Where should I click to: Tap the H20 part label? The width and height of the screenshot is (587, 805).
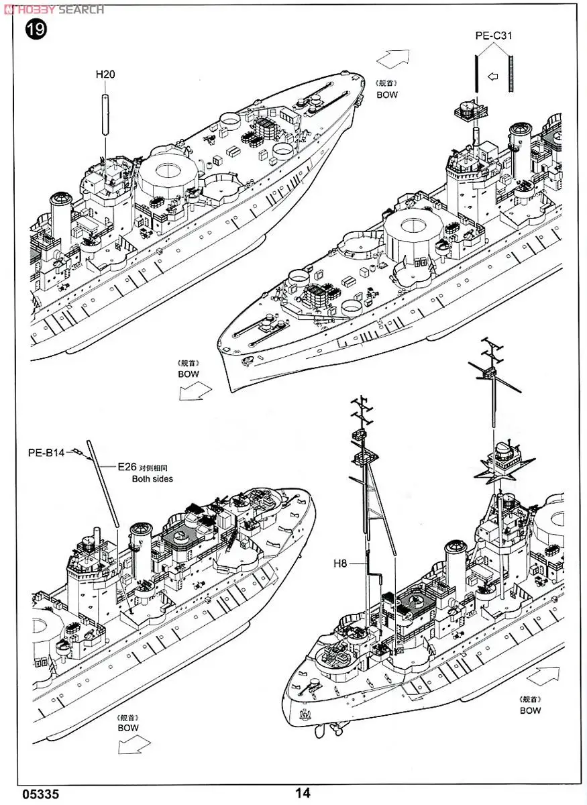pos(105,75)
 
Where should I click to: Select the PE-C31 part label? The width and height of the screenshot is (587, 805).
pos(494,36)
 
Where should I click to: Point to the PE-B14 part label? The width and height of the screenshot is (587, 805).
pos(46,452)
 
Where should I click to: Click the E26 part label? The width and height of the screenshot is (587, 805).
pos(127,467)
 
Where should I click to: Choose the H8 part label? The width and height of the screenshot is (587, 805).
pos(340,564)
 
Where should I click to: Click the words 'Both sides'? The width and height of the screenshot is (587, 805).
pos(152,479)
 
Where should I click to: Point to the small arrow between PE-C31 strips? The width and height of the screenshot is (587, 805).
pos(494,76)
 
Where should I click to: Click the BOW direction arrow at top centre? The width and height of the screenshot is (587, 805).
pos(392,59)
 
